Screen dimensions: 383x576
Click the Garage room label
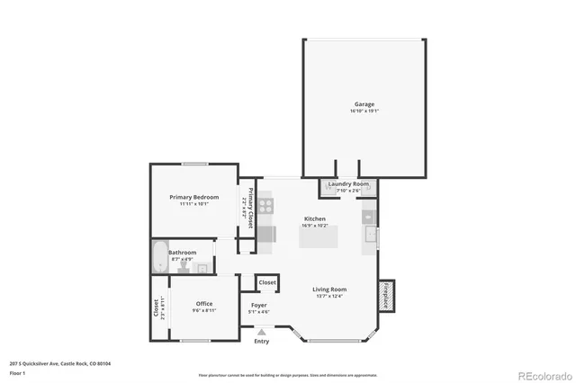[364, 103]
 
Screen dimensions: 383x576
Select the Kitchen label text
[315, 219]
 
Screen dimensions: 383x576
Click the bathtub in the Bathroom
[160, 258]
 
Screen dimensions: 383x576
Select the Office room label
[204, 304]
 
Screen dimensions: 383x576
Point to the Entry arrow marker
[262, 332]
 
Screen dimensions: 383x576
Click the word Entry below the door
[262, 342]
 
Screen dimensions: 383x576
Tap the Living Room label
[329, 289]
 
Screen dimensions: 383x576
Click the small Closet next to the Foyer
[267, 282]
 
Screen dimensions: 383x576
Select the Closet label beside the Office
[157, 308]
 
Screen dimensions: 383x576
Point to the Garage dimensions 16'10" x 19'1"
[364, 111]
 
